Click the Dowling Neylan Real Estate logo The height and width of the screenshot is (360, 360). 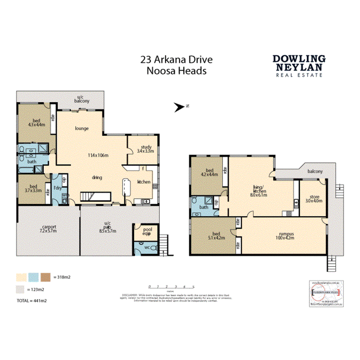(299, 66)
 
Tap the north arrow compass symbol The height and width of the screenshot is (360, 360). (181, 107)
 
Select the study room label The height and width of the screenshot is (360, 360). (146, 149)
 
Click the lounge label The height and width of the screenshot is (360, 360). (82, 128)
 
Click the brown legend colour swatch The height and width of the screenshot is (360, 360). (45, 277)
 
